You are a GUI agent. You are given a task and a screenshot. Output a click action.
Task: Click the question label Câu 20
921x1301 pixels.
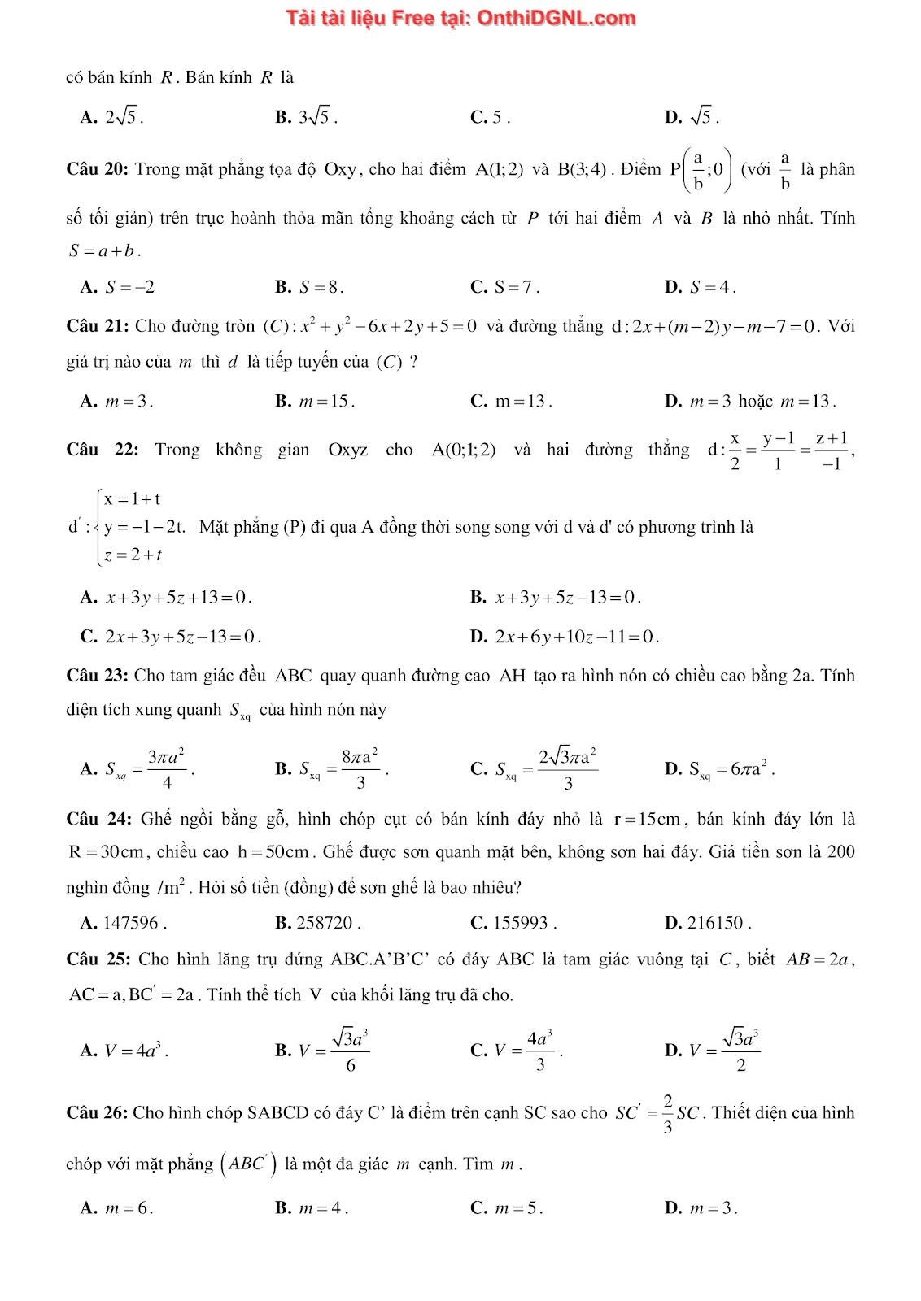pyautogui.click(x=97, y=169)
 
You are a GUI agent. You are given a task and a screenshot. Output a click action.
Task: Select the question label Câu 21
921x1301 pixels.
pyautogui.click(x=97, y=326)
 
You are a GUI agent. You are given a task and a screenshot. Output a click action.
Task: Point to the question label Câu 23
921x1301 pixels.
pyautogui.click(x=97, y=675)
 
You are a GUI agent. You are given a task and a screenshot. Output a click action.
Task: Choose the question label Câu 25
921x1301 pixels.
pyautogui.click(x=98, y=959)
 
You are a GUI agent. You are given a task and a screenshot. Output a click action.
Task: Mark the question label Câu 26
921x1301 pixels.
pyautogui.click(x=97, y=1112)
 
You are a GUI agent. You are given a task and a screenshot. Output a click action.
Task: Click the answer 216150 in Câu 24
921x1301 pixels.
pyautogui.click(x=708, y=923)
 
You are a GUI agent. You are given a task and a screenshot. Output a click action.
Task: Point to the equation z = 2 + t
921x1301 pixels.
pyautogui.click(x=133, y=555)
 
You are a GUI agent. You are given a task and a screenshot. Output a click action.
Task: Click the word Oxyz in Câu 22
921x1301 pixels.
pyautogui.click(x=347, y=450)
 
